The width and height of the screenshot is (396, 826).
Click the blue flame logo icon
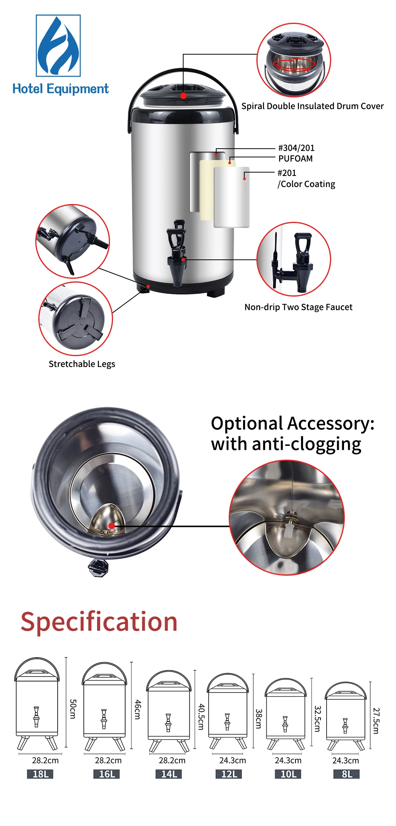pyautogui.click(x=58, y=46)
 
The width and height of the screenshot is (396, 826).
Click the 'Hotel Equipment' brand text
pyautogui.click(x=61, y=89)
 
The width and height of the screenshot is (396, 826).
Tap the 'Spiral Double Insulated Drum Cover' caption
pyautogui.click(x=313, y=106)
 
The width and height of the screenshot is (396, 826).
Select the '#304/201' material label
pyautogui.click(x=296, y=148)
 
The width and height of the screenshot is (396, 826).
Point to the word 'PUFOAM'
pyautogui.click(x=295, y=159)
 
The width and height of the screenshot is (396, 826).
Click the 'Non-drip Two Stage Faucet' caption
pyautogui.click(x=299, y=307)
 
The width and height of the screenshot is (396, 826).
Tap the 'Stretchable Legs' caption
pyautogui.click(x=82, y=364)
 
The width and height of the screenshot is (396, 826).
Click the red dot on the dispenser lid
pyautogui.click(x=183, y=96)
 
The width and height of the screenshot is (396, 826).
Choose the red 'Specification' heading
pyautogui.click(x=99, y=622)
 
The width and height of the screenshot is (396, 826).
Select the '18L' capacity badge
pyautogui.click(x=41, y=774)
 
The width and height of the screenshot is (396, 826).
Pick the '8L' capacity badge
pyautogui.click(x=347, y=774)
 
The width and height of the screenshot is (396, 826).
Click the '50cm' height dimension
pyautogui.click(x=73, y=709)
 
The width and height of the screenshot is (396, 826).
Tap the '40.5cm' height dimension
pyautogui.click(x=201, y=717)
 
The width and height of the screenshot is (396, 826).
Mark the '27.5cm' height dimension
pyautogui.click(x=376, y=721)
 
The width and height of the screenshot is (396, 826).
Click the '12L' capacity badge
pyautogui.click(x=229, y=774)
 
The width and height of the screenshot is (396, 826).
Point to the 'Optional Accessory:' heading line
pyautogui.click(x=292, y=423)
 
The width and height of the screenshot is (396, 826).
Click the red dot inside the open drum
pyautogui.click(x=112, y=526)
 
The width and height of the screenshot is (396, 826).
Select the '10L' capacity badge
pyautogui.click(x=288, y=774)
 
